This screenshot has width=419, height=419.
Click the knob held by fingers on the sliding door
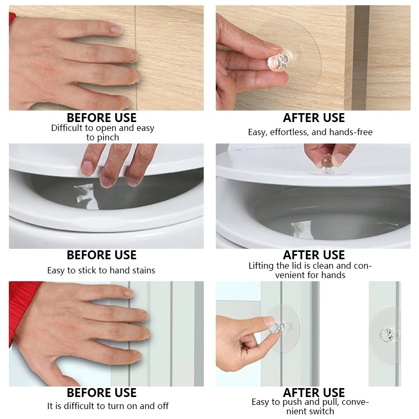[x=278, y=328]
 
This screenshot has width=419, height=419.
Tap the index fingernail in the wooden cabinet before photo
[x=116, y=29]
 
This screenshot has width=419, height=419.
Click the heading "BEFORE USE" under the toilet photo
[x=102, y=255]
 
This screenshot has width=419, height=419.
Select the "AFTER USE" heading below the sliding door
[x=314, y=392]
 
